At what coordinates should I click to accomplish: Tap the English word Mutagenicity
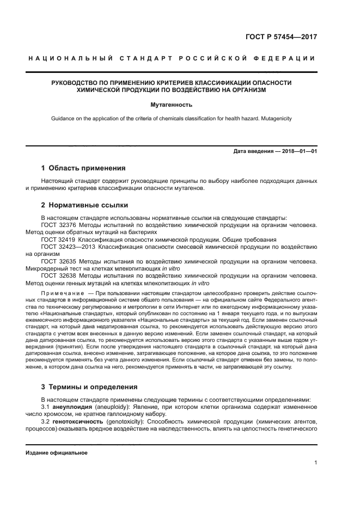[x=289, y=118]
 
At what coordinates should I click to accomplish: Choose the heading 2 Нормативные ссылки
[x=85, y=205]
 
